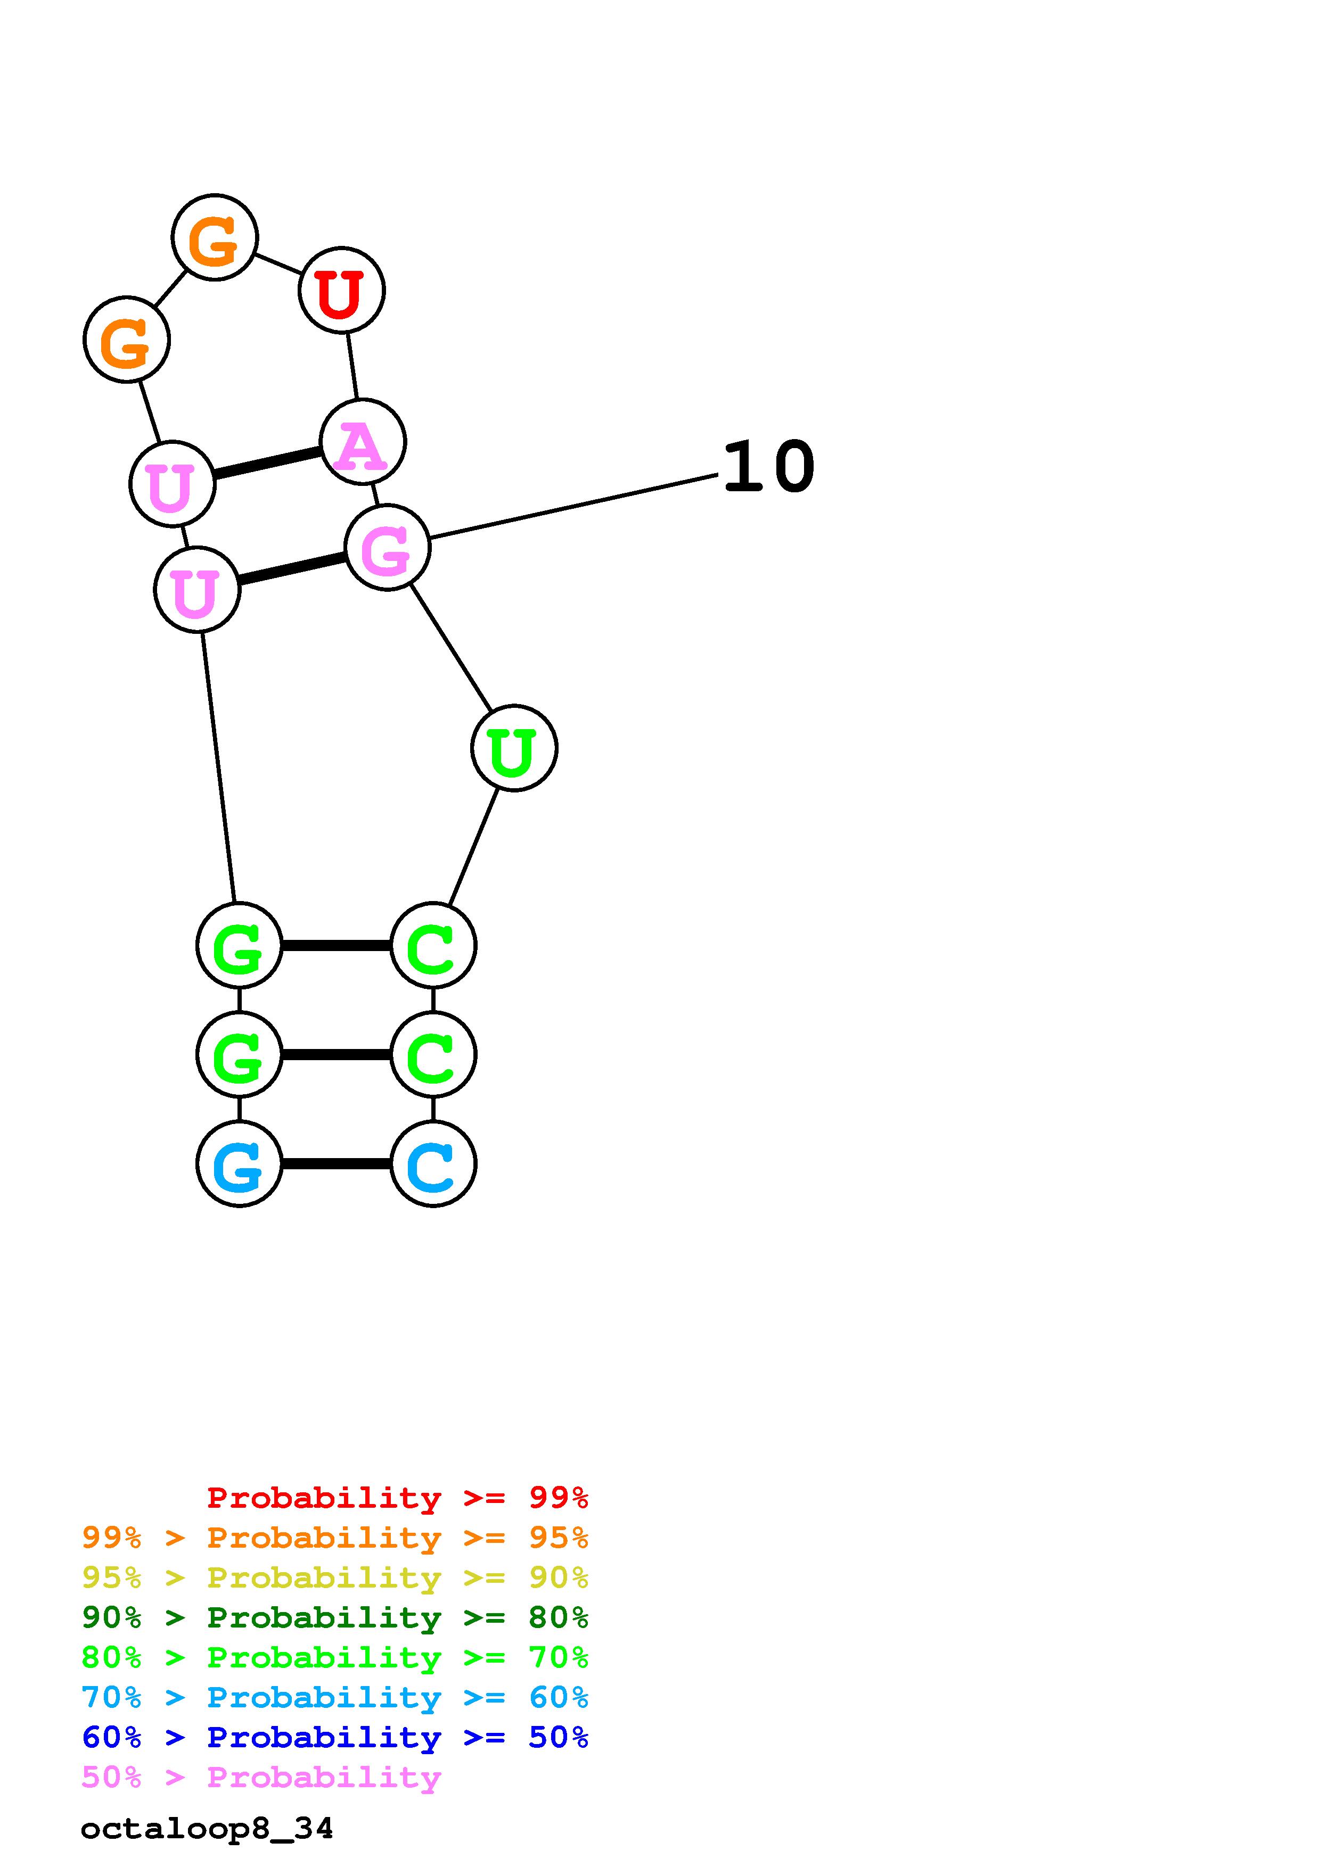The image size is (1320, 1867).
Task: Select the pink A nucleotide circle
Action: coord(362,442)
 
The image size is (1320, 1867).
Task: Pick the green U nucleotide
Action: coord(513,747)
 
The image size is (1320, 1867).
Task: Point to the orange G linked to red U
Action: coord(215,237)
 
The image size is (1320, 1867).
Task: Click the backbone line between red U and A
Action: coord(352,366)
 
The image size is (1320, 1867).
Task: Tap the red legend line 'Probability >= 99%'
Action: coord(397,1497)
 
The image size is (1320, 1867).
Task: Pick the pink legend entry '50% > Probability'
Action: coord(261,1777)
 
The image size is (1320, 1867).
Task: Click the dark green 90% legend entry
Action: coord(334,1617)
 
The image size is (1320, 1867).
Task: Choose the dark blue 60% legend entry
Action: coord(334,1737)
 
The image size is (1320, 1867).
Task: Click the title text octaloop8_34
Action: coord(207,1829)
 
